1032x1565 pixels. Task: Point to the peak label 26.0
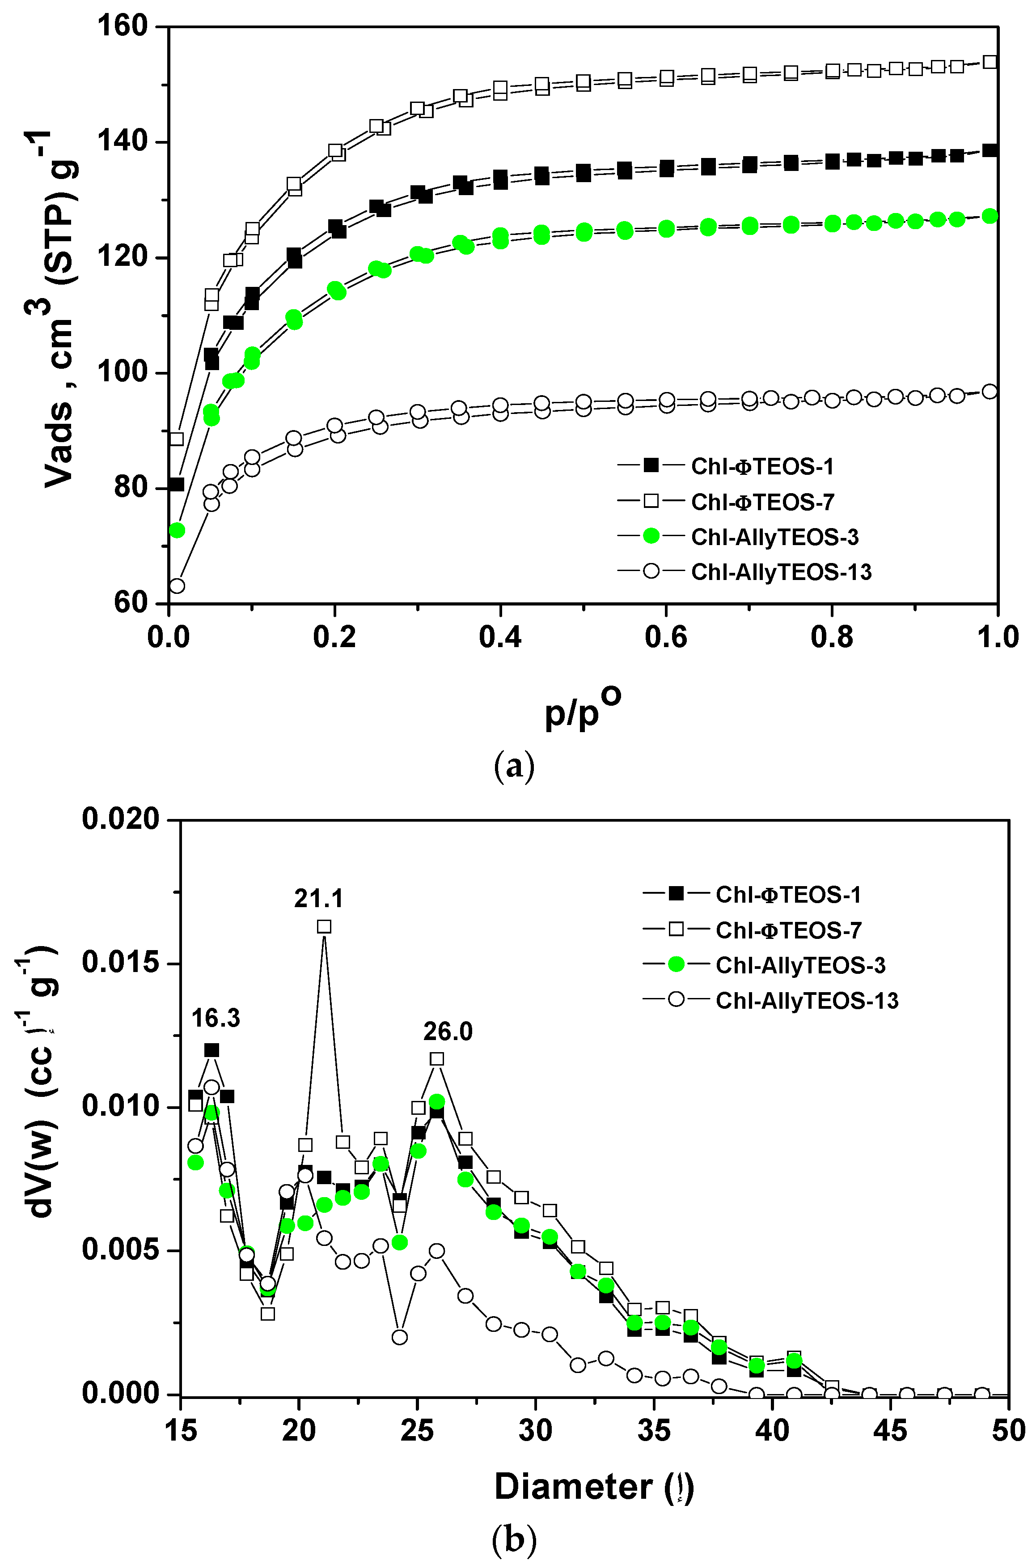point(448,1032)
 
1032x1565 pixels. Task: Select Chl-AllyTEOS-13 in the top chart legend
point(781,572)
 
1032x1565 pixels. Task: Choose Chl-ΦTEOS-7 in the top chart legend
point(762,502)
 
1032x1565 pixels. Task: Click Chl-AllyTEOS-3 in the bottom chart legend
point(800,966)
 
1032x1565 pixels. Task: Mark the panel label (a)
point(514,766)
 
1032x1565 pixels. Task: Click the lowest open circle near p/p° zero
point(176,585)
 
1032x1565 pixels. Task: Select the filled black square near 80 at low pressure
point(176,485)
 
